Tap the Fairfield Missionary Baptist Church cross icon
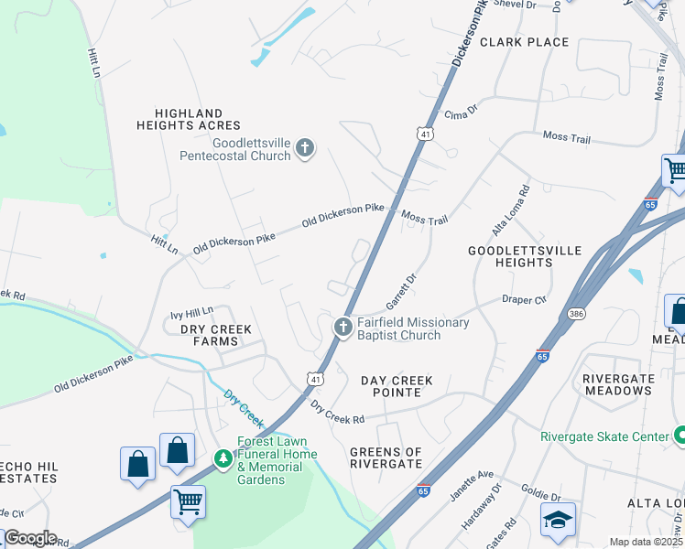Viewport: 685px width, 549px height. click(342, 328)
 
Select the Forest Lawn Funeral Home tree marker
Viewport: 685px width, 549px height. click(222, 456)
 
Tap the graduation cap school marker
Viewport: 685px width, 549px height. click(557, 519)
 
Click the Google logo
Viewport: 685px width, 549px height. click(29, 538)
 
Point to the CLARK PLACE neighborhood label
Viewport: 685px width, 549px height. click(524, 42)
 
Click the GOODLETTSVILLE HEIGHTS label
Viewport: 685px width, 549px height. click(510, 256)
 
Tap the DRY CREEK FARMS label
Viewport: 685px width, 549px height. click(209, 335)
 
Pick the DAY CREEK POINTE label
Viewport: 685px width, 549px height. click(397, 386)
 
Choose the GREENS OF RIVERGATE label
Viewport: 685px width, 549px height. click(386, 457)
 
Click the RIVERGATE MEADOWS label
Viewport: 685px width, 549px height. click(617, 384)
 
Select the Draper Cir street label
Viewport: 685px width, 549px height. click(524, 299)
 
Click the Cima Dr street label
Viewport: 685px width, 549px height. click(461, 113)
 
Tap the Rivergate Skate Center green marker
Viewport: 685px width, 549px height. click(679, 436)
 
